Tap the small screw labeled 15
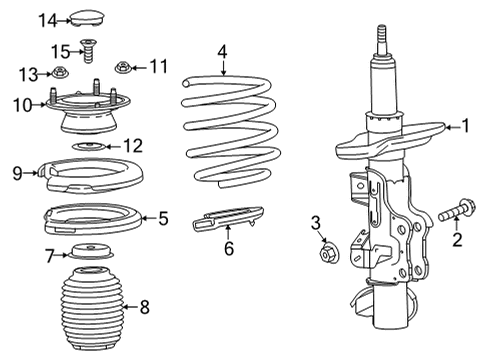click(88, 47)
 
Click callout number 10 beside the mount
click(22, 105)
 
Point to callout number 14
click(48, 20)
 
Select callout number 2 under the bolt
click(456, 240)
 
